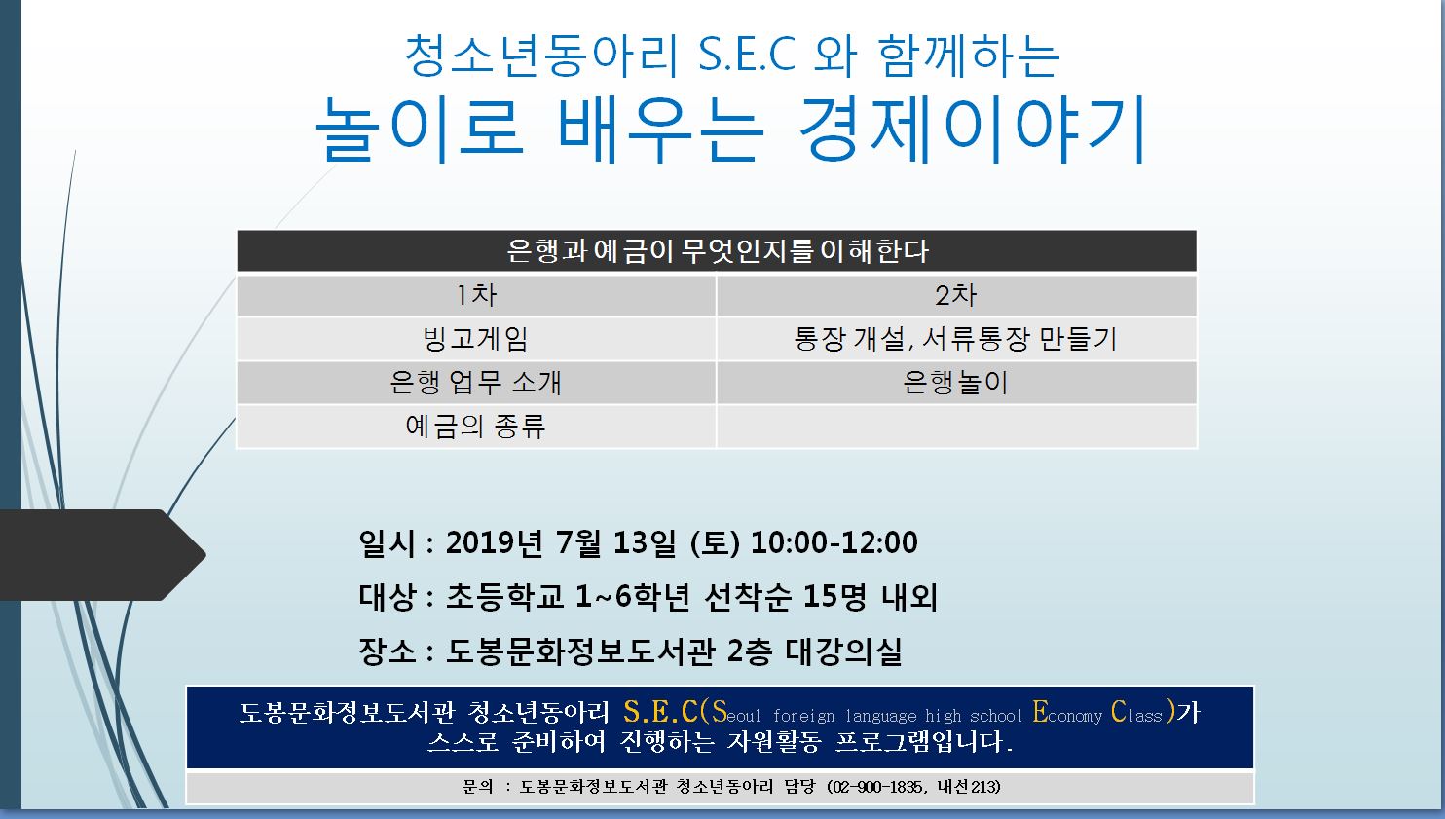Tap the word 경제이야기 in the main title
973,130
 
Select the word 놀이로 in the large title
420,130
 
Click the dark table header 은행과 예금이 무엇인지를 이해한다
717,250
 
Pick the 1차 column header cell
477,296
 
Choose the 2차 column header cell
956,296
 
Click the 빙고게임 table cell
477,339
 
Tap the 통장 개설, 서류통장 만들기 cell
956,339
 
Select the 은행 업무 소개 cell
477,383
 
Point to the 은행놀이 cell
956,383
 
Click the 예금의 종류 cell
477,426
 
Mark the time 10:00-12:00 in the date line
834,542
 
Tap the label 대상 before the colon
388,596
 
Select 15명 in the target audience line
834,596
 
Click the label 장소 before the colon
388,651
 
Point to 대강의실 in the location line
844,651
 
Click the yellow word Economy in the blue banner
1067,713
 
